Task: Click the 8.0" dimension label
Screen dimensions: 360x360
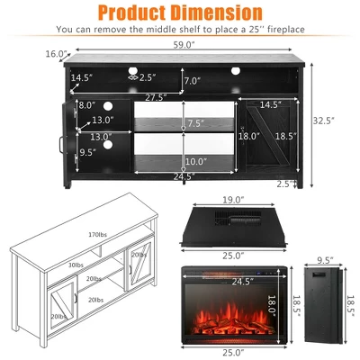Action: point(87,105)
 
